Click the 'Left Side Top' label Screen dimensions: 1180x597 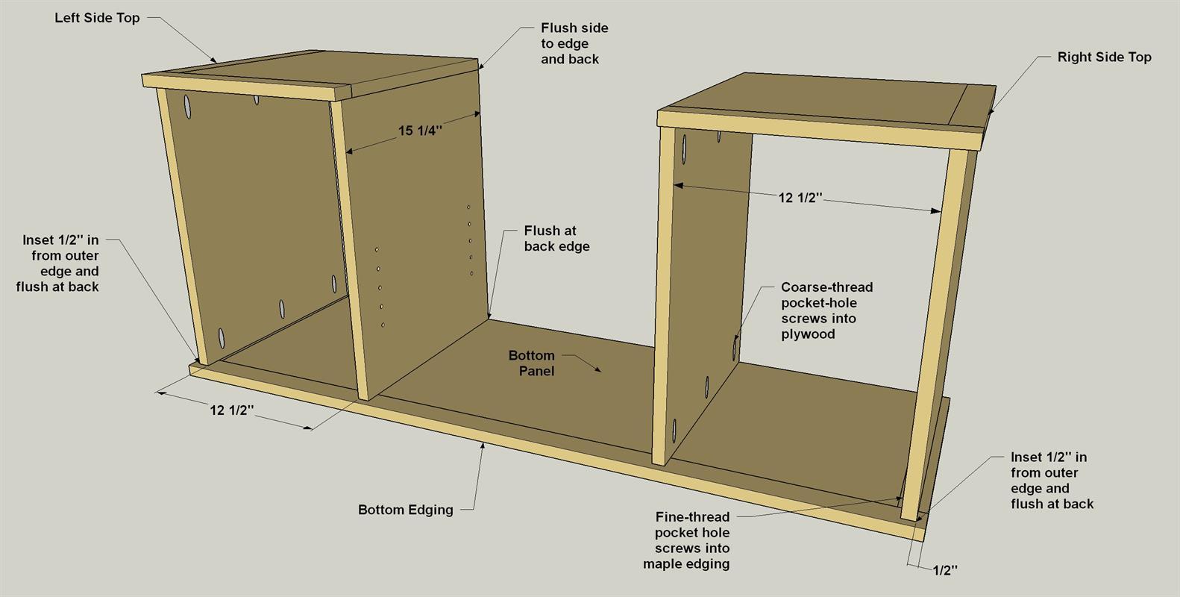click(x=97, y=18)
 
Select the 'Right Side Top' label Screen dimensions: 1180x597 click(x=1104, y=57)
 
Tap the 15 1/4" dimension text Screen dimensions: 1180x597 click(x=420, y=131)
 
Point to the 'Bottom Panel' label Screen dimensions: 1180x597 click(x=532, y=363)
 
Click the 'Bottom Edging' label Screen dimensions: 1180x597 click(x=406, y=510)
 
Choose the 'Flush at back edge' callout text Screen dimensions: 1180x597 click(x=557, y=239)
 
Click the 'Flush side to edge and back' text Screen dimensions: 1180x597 click(x=574, y=43)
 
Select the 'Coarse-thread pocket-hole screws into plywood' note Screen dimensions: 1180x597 click(x=826, y=310)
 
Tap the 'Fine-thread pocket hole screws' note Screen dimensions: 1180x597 click(x=686, y=540)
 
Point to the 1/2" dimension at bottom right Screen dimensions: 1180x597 click(x=945, y=570)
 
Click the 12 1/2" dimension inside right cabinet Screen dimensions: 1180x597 click(x=800, y=198)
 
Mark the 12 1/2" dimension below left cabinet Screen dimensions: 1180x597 click(x=232, y=410)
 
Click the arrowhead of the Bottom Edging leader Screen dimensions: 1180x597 click(x=483, y=447)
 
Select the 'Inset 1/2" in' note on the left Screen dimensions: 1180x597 click(x=57, y=263)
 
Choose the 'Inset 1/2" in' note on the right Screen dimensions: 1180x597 click(x=1052, y=481)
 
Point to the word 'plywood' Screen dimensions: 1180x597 click(x=808, y=334)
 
